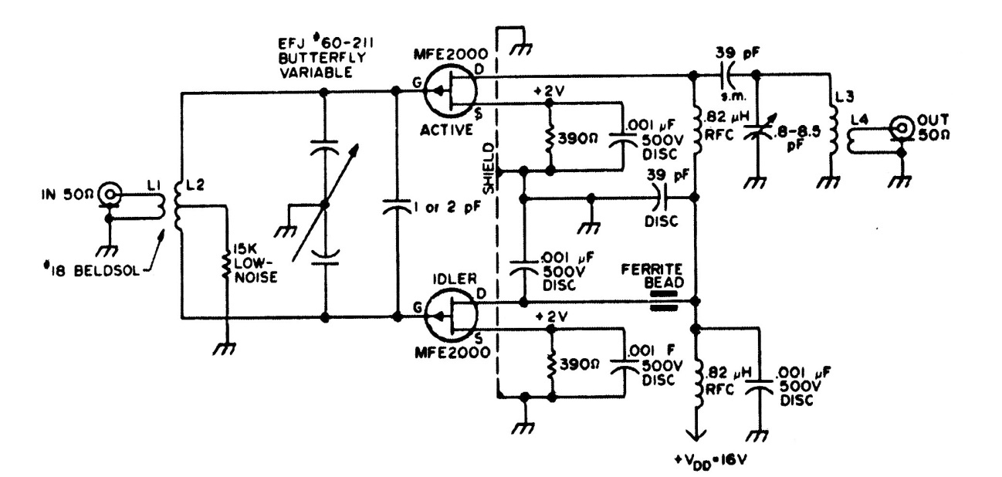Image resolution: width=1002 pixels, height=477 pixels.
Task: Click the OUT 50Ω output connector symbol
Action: (901, 127)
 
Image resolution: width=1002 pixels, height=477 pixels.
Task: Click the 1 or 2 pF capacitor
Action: (396, 206)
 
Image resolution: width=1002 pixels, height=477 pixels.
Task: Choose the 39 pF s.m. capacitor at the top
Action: (728, 76)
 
